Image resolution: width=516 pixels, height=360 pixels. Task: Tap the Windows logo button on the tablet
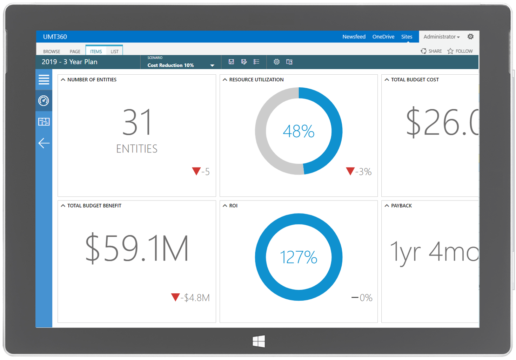point(259,341)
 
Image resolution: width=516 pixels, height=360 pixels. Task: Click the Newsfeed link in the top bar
point(354,37)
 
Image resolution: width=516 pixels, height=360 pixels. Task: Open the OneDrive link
point(383,37)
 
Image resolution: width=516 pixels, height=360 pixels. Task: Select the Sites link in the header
point(407,37)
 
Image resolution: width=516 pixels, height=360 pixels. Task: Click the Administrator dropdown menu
point(441,37)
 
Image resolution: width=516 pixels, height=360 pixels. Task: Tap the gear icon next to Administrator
point(470,36)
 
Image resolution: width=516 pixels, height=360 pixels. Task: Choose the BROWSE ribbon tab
point(52,52)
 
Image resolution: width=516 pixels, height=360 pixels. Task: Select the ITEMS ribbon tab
point(96,52)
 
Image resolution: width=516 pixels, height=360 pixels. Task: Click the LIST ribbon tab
point(114,52)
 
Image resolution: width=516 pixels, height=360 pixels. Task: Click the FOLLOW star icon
point(450,51)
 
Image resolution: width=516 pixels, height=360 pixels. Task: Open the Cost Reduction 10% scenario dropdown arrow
point(212,66)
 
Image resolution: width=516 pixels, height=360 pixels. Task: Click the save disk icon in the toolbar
point(231,62)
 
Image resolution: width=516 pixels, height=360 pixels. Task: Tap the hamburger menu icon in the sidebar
point(44,80)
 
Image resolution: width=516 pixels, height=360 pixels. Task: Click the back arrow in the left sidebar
point(44,143)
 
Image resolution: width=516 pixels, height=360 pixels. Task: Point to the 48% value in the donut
point(299,131)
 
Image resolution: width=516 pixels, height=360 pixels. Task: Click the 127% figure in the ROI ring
point(299,257)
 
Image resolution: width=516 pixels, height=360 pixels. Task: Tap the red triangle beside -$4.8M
point(175,297)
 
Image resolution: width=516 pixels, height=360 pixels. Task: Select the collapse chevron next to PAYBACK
point(387,206)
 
